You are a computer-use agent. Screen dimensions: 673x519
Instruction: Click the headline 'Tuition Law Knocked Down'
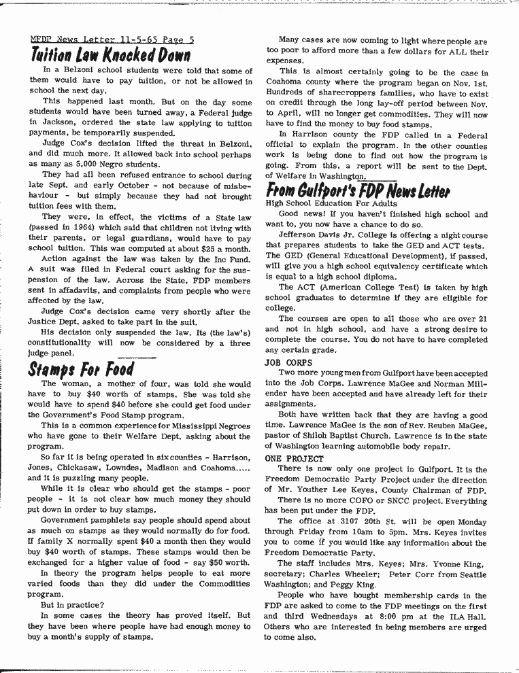coord(109,54)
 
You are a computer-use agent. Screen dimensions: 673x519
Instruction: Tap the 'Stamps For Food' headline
coord(80,369)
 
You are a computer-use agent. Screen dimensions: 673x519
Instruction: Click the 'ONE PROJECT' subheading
coord(294,459)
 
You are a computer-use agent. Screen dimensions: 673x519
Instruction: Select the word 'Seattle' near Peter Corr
coord(469,574)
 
